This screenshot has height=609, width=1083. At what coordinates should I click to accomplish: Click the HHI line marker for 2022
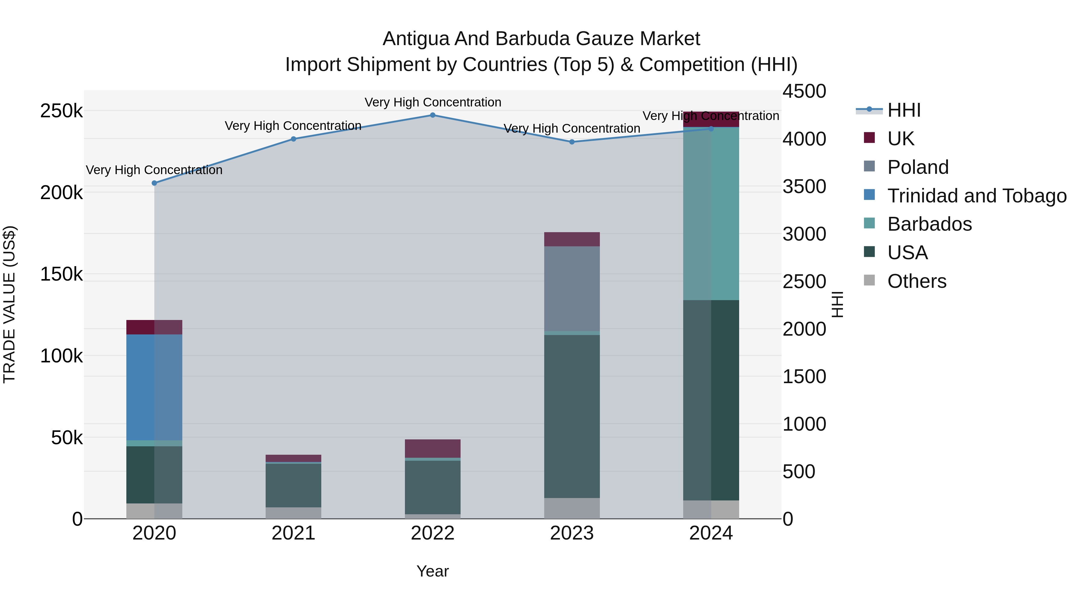click(433, 115)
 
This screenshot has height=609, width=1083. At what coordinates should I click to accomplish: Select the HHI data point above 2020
click(154, 183)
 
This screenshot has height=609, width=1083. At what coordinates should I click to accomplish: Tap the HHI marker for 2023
click(572, 142)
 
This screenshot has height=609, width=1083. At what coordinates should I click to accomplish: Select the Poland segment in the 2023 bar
click(572, 289)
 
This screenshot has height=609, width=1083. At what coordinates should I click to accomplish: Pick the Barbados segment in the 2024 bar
click(711, 214)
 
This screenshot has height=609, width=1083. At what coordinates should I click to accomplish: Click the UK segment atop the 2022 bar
click(433, 448)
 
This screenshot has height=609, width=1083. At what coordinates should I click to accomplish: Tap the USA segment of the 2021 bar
click(293, 485)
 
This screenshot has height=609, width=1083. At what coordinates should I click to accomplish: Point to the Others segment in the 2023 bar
click(572, 508)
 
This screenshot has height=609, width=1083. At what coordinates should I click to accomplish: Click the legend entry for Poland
click(918, 167)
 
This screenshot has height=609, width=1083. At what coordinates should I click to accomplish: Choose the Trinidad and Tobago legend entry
click(977, 196)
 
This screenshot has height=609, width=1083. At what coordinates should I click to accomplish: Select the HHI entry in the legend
click(904, 110)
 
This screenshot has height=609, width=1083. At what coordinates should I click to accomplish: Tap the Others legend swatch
click(869, 280)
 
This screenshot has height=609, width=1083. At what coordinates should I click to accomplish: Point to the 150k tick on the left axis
click(61, 275)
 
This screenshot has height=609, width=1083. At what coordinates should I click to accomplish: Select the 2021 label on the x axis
click(293, 533)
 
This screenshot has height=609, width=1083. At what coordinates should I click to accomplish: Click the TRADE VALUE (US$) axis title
click(9, 304)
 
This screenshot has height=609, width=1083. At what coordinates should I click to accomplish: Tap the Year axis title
click(433, 571)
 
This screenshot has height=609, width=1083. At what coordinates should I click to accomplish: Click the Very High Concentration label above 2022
click(433, 102)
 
